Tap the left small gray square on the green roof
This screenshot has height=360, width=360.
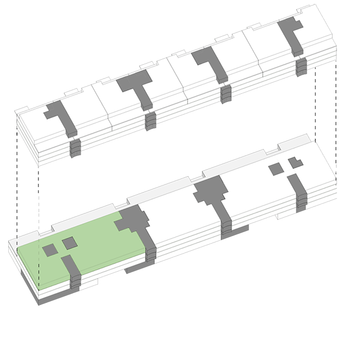[x=50, y=250]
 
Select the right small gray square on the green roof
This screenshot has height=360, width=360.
[x=70, y=243]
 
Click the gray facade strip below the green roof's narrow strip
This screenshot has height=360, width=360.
[x=76, y=282]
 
